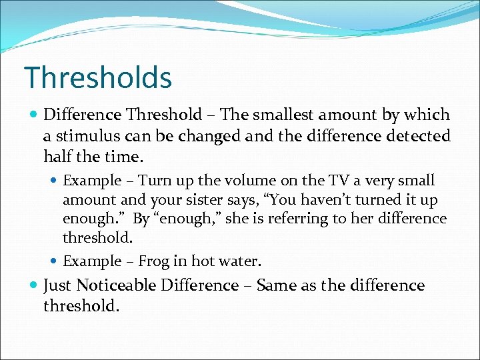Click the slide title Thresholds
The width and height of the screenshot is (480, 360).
(x=98, y=77)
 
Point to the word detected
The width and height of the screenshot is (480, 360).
(x=419, y=136)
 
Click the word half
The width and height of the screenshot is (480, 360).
(x=57, y=157)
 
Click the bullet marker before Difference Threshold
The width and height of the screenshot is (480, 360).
(x=33, y=115)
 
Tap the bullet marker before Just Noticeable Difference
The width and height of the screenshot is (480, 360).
(x=33, y=286)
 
